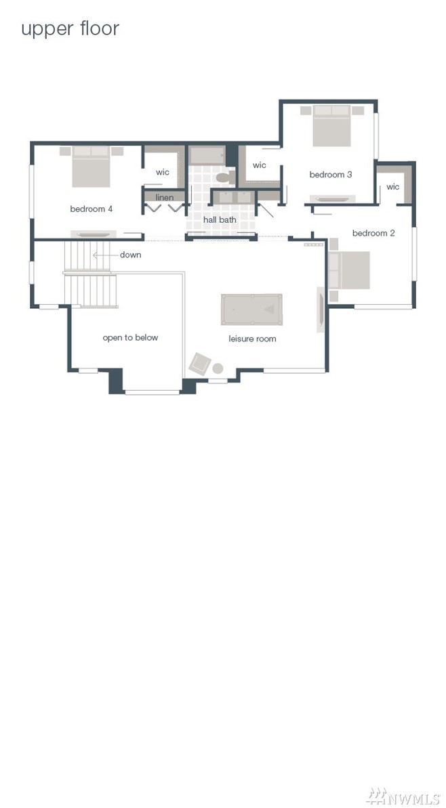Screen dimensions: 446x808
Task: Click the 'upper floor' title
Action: pos(70,29)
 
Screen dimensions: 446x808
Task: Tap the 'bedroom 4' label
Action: pos(92,209)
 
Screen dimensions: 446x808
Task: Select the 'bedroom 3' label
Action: pos(331,175)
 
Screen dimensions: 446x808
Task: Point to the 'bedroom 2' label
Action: pos(373,233)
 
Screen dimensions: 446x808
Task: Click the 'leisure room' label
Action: pos(252,339)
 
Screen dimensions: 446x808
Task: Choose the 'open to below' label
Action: pos(130,337)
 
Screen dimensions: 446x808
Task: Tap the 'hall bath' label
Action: pos(220,219)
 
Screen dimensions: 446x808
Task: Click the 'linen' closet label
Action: pos(165,197)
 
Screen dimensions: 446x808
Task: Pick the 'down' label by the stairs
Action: pos(130,255)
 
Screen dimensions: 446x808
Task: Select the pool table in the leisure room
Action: pos(251,310)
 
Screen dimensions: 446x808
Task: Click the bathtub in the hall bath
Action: pos(207,156)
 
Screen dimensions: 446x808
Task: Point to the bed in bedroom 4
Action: pos(91,167)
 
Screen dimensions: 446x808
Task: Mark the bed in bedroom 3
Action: pos(332,126)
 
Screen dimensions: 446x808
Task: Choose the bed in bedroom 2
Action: pos(350,270)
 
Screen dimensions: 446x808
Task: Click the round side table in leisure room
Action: pos(218,368)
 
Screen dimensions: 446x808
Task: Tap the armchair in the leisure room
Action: pos(199,364)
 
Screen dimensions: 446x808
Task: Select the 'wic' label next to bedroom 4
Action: pos(163,172)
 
